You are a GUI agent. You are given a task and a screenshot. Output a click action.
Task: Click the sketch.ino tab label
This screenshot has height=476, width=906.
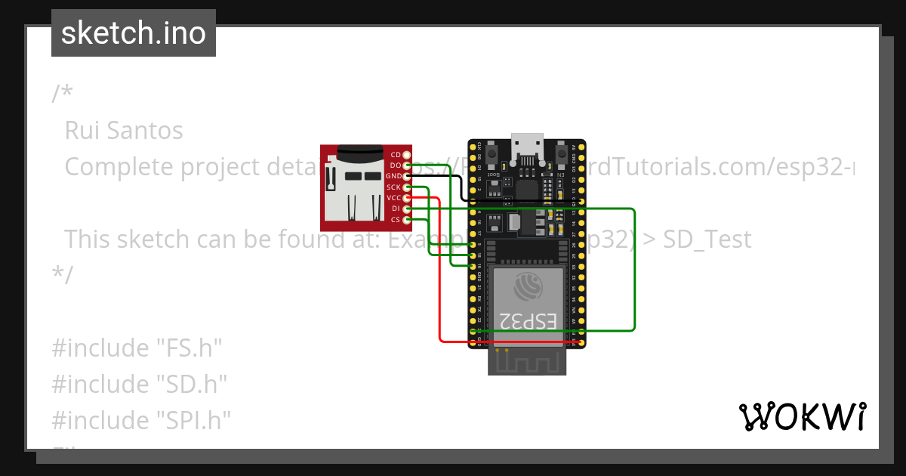coord(134,33)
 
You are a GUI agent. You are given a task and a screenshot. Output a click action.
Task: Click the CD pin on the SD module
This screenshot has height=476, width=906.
coord(407,154)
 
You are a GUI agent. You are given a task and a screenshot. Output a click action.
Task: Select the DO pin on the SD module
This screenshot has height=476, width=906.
coord(407,165)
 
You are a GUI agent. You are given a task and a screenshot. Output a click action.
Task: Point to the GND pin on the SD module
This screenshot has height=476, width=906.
coord(407,176)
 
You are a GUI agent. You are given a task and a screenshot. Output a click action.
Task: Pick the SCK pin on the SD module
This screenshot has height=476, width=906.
coord(407,187)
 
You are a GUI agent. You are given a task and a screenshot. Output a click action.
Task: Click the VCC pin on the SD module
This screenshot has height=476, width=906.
coord(407,197)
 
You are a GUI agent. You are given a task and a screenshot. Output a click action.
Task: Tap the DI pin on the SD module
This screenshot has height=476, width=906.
coord(407,209)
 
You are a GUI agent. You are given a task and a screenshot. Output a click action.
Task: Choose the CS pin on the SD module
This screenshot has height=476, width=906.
coord(407,219)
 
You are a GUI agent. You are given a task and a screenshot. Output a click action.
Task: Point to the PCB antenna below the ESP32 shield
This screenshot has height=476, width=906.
coord(527,361)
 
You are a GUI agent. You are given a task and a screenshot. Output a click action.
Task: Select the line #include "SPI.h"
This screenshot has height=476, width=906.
coord(141,419)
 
